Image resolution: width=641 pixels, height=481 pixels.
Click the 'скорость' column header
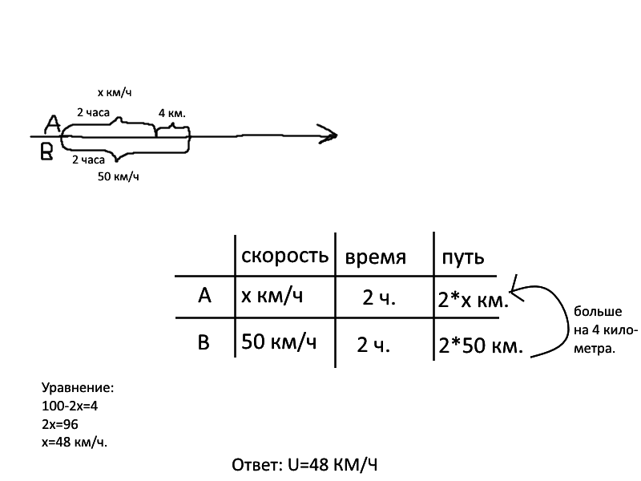(x=284, y=256)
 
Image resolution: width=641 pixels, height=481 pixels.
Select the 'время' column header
(x=376, y=258)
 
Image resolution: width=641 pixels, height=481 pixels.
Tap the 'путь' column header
(x=461, y=258)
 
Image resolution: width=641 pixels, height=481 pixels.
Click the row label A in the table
(x=204, y=296)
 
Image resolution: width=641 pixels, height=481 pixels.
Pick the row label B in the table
(x=204, y=343)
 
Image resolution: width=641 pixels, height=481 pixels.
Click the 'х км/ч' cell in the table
(x=272, y=296)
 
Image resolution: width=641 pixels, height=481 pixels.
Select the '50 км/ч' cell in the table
(x=279, y=342)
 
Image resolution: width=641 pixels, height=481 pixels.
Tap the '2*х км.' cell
(x=474, y=301)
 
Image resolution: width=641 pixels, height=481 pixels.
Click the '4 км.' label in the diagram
(x=172, y=113)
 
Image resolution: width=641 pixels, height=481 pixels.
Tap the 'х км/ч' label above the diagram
(x=114, y=93)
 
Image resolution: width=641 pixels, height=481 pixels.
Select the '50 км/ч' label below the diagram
(x=118, y=176)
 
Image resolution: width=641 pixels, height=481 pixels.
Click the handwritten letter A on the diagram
(x=52, y=123)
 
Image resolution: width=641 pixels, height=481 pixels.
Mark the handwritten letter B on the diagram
(x=47, y=152)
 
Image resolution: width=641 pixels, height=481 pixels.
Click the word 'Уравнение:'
(x=77, y=388)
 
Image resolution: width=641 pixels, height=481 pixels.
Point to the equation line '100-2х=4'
(x=75, y=406)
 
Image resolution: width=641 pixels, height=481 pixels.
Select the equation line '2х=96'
(x=60, y=423)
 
